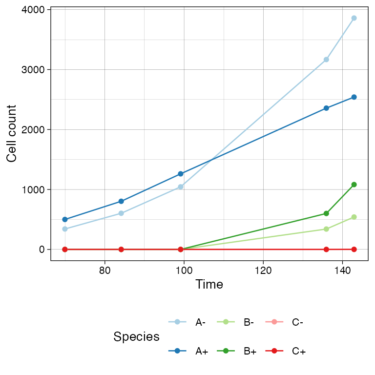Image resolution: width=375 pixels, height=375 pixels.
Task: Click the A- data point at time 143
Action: coord(354,18)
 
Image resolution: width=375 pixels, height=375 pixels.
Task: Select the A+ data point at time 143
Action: coord(354,97)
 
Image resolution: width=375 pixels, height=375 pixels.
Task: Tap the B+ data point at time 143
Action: coord(354,185)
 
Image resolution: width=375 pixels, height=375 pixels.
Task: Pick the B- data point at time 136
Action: coord(326,229)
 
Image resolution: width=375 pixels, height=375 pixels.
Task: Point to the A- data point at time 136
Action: coord(326,60)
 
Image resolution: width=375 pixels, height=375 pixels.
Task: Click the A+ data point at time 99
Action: coord(181,174)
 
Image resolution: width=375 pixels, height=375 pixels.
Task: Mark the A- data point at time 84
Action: coord(121,213)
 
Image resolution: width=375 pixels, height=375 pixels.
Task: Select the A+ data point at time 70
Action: coord(65,219)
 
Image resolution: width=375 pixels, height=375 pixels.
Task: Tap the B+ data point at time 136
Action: coord(326,213)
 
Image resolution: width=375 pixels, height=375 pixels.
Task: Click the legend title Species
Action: coord(136,336)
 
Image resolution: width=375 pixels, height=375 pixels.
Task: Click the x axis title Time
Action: coord(209,285)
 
